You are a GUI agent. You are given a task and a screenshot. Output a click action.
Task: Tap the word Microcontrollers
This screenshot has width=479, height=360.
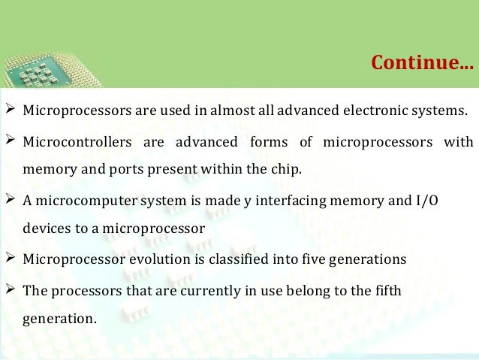pyautogui.click(x=69, y=142)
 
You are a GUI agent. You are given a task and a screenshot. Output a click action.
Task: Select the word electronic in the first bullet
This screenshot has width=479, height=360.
pyautogui.click(x=375, y=111)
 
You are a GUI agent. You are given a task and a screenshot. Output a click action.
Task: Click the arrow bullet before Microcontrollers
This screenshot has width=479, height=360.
pyautogui.click(x=11, y=141)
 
